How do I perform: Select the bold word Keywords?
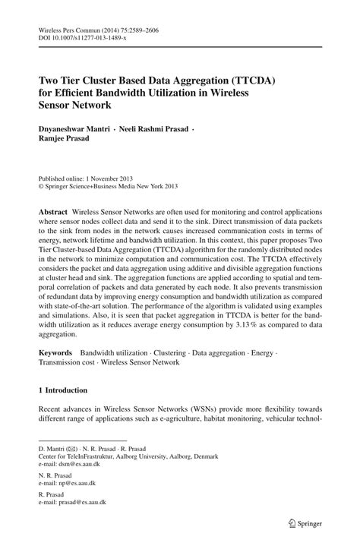tap(55, 353)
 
